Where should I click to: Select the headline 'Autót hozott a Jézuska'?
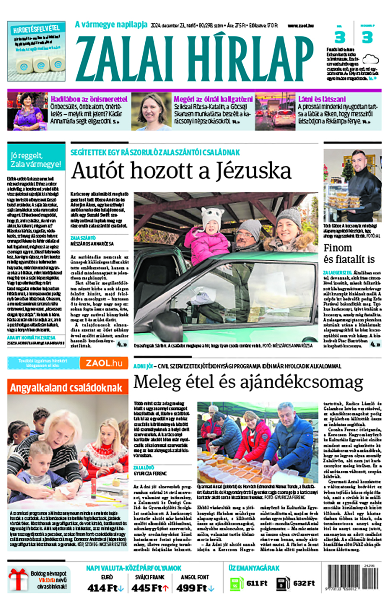coord(181,170)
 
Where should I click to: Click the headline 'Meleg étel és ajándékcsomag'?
coord(248,383)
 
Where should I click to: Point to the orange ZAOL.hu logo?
coord(104,363)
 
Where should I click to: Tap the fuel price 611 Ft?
coord(257,583)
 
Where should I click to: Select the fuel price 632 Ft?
coord(304,583)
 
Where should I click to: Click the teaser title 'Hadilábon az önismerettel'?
coord(89,99)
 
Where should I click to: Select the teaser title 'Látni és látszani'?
coord(322,99)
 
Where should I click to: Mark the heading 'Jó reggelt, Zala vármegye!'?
coord(36,160)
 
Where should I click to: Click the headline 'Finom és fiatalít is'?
coord(349,254)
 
